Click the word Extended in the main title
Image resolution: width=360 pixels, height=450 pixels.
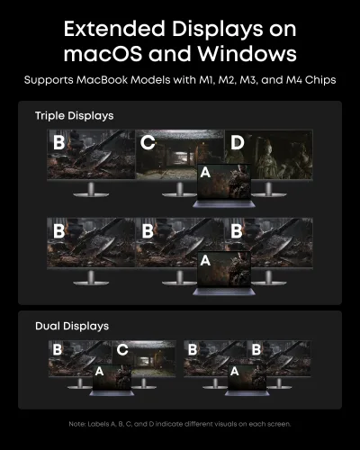[x=114, y=29]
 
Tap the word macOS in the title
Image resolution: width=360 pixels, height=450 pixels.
[x=103, y=54]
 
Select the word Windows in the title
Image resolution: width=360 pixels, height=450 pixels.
[x=247, y=54]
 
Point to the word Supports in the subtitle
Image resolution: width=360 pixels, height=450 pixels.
[x=49, y=80]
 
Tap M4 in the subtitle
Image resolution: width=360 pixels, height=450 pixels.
[x=294, y=80]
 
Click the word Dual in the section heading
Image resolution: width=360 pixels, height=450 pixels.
[x=48, y=326]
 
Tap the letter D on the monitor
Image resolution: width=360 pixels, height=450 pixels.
[x=238, y=142]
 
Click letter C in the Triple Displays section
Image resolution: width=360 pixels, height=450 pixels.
[x=148, y=142]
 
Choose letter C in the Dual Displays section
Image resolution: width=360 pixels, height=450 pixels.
[x=122, y=350]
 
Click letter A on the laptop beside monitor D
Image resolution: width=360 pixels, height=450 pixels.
[x=205, y=173]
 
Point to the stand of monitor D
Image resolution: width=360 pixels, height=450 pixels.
[x=268, y=190]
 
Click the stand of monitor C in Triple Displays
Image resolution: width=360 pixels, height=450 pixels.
[x=179, y=190]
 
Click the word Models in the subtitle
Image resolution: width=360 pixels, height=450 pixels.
[x=148, y=80]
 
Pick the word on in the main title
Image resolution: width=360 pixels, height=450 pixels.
[x=283, y=30]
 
